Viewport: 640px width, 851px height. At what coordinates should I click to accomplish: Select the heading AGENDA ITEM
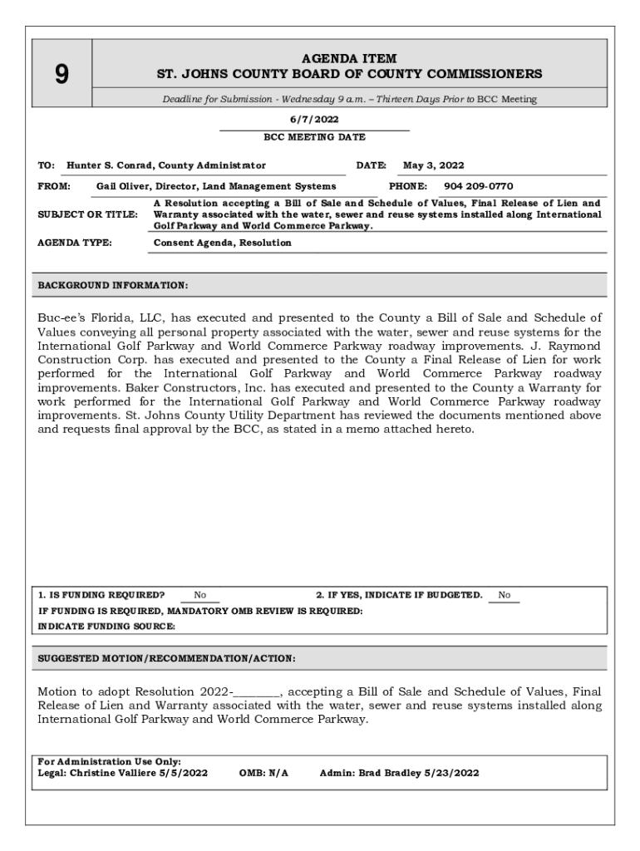[349, 58]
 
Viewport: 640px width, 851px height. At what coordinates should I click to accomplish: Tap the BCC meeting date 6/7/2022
[314, 120]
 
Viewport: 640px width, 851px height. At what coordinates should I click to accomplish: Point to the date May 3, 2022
[433, 165]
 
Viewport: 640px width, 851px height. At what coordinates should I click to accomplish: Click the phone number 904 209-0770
[478, 186]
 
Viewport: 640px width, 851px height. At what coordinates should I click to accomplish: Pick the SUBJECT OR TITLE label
[88, 214]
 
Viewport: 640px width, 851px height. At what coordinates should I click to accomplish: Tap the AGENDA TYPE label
[76, 243]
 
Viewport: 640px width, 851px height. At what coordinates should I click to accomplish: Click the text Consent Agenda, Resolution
[223, 243]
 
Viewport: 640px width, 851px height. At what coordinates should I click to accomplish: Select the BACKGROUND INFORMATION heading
[113, 285]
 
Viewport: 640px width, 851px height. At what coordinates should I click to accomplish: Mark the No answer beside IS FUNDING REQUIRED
[200, 595]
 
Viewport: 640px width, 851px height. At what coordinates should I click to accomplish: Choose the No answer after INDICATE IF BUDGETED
[504, 595]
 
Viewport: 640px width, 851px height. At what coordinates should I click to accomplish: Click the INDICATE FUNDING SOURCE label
[106, 626]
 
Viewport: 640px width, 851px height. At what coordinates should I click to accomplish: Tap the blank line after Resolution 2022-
[258, 692]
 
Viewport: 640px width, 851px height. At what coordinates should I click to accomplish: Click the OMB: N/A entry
[263, 773]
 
